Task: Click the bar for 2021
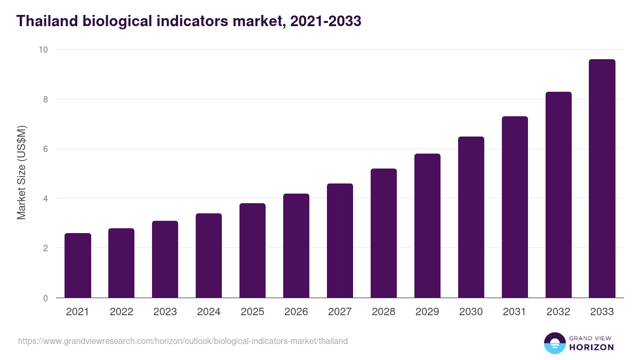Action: coord(77,266)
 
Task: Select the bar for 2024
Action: coord(209,256)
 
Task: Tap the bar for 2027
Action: coord(340,241)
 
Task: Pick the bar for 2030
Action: coord(471,218)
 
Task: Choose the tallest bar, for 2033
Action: coord(602,179)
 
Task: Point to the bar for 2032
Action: coord(558,195)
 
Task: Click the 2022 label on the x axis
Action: coord(121,312)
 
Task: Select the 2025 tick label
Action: coord(252,312)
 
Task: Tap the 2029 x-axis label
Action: coord(427,312)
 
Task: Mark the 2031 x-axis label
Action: coord(515,312)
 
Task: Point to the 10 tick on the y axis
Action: coord(43,50)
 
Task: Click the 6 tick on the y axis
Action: coord(45,149)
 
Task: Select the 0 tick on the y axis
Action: coord(45,298)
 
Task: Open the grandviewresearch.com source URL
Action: coord(183,341)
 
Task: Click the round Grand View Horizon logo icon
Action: coord(554,343)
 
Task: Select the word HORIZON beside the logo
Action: coord(591,347)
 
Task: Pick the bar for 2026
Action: coord(296,246)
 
